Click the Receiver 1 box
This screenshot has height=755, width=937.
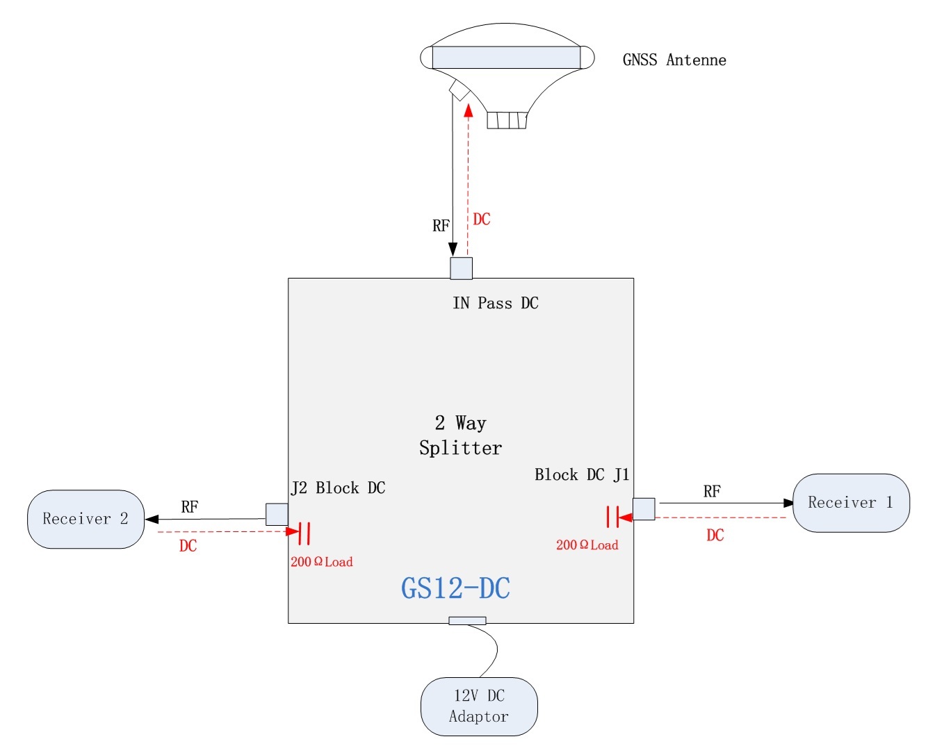(851, 503)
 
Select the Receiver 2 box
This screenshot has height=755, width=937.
(85, 519)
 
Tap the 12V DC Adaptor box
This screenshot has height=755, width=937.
(479, 706)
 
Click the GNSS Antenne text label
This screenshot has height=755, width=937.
(674, 60)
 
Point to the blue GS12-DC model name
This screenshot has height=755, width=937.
(455, 588)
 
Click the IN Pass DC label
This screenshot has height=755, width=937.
(495, 303)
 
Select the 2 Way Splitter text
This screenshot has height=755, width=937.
(460, 435)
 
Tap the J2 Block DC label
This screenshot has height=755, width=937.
(338, 488)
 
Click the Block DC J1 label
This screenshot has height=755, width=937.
(581, 474)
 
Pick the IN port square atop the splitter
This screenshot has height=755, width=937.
(461, 268)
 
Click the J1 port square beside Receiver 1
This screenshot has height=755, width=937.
(644, 508)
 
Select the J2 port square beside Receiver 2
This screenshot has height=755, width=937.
(277, 515)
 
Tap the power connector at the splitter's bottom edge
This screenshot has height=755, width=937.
(467, 620)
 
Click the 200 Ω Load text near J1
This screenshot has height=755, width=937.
(587, 545)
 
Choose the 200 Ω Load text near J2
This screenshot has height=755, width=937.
(321, 562)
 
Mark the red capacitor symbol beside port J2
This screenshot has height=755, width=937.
(304, 533)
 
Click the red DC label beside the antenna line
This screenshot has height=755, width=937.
(482, 219)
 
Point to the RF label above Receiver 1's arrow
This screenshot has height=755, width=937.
(712, 492)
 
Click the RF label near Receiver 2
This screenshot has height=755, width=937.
(189, 507)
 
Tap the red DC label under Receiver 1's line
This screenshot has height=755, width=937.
(715, 535)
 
